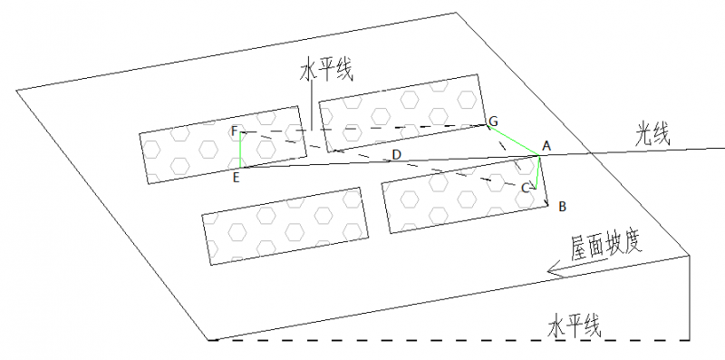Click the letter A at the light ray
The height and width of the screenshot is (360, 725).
click(546, 147)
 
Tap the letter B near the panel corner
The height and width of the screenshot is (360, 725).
click(562, 207)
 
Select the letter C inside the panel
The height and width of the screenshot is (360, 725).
click(526, 188)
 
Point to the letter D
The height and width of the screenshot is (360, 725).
click(396, 155)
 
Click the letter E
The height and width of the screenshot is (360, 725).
click(236, 178)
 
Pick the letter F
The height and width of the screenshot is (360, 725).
click(235, 131)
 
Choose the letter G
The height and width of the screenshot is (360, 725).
click(493, 122)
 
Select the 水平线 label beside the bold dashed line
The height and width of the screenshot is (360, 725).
click(575, 326)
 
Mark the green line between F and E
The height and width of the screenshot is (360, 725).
click(240, 150)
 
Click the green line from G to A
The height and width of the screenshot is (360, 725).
click(513, 141)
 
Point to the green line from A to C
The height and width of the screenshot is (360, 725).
click(537, 172)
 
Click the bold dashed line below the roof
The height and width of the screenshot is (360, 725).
click(449, 341)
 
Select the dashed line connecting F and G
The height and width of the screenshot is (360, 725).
click(363, 129)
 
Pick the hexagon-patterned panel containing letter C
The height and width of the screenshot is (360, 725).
click(465, 195)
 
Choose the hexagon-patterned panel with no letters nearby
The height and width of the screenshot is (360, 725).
click(285, 227)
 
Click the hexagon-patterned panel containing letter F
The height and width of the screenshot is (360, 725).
click(223, 145)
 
